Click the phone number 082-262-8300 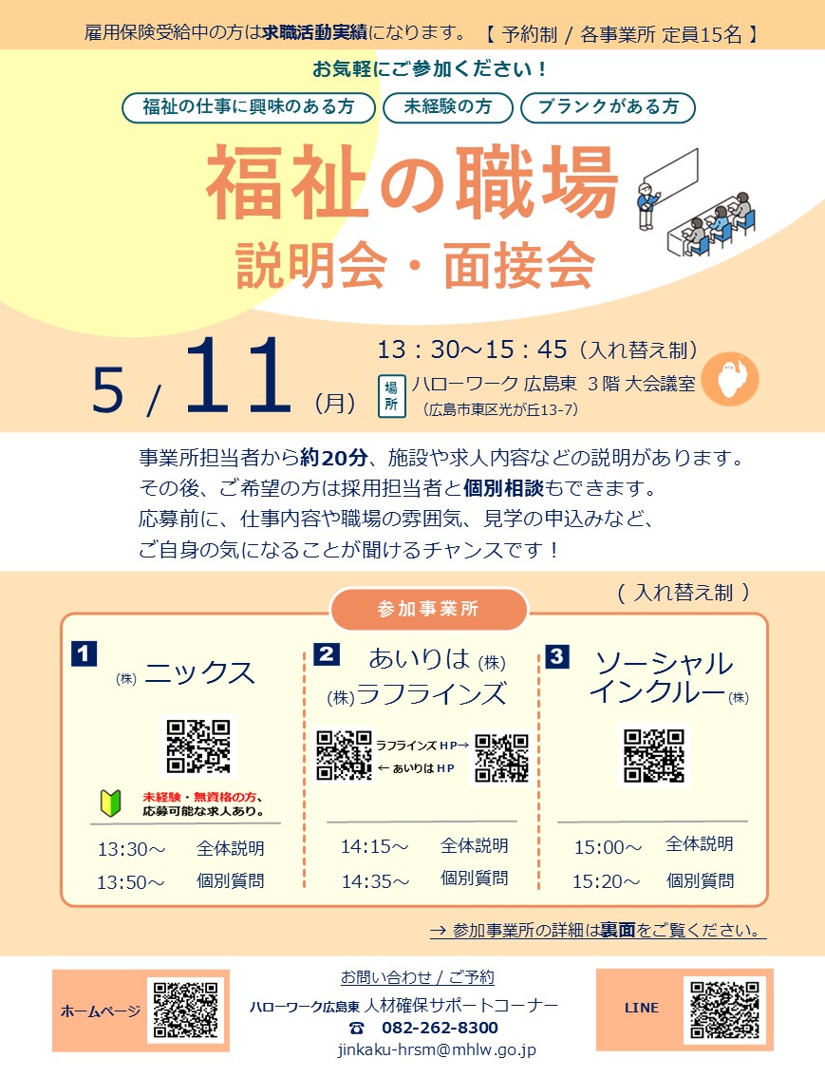tap(440, 1028)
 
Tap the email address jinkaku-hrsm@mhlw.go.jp tap(438, 1050)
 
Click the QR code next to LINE tap(724, 1009)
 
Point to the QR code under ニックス tap(198, 746)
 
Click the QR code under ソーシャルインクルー tap(654, 755)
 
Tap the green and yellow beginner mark tap(110, 803)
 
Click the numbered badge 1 tap(84, 653)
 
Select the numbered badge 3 tap(556, 656)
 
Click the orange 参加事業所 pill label tap(428, 609)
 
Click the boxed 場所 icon tap(391, 397)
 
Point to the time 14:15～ tap(375, 846)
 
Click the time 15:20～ tap(607, 881)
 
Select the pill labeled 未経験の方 tap(447, 107)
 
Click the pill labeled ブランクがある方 tap(609, 107)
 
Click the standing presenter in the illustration tap(647, 205)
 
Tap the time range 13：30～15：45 tap(472, 350)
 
